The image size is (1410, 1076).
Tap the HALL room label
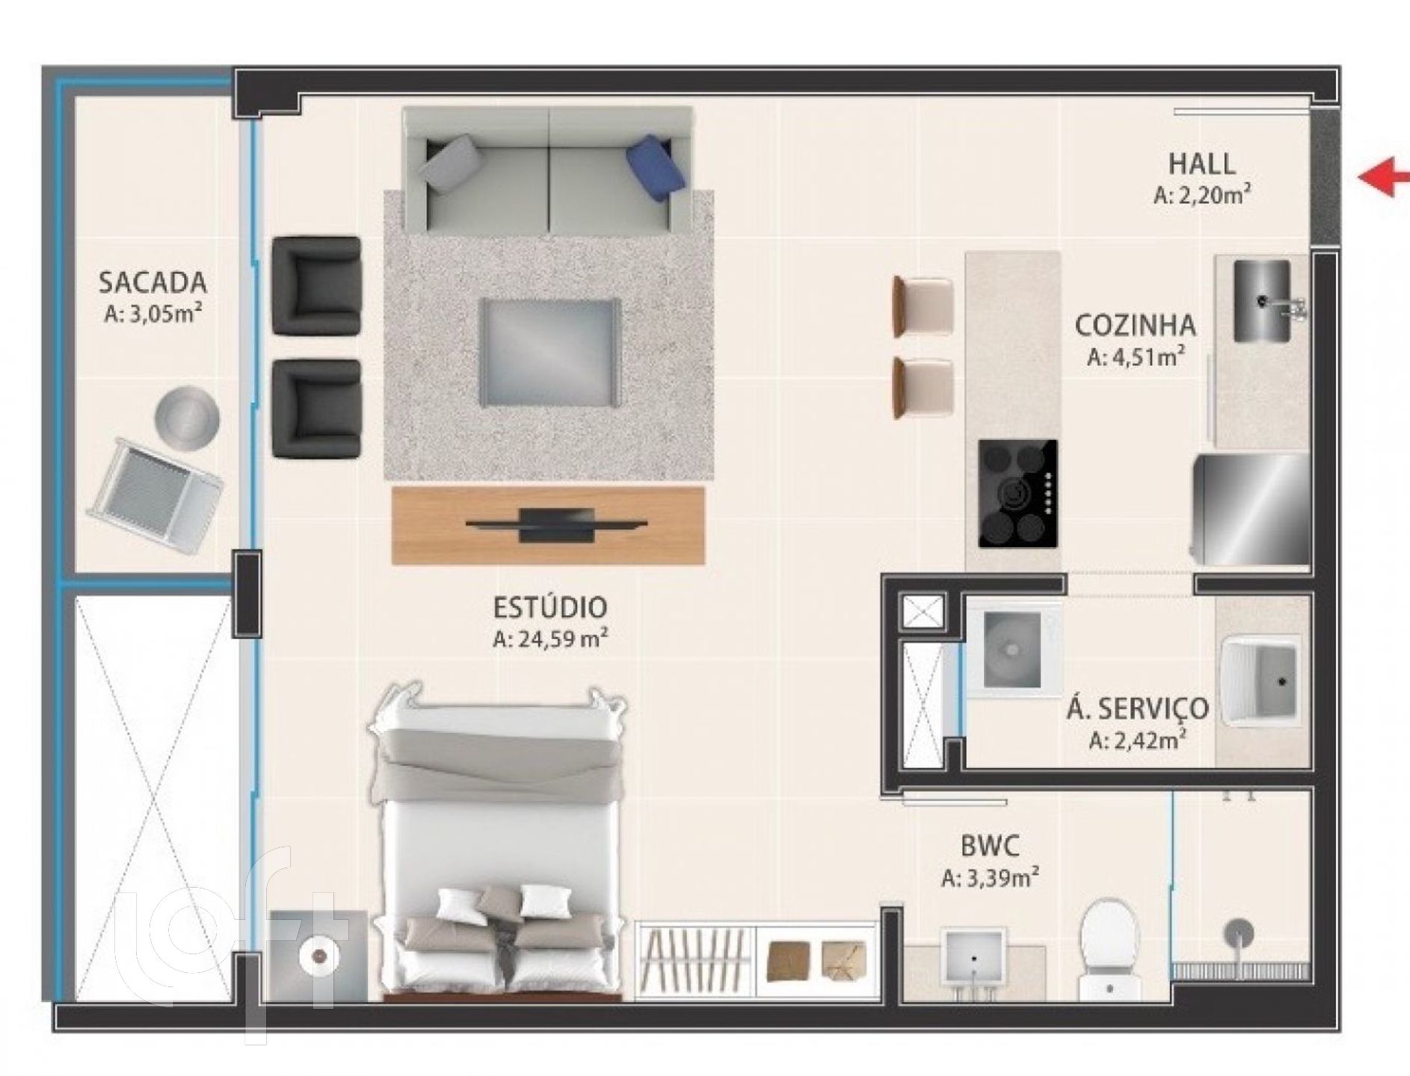1201,164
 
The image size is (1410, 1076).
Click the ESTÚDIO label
549,607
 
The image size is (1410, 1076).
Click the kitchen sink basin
1262,301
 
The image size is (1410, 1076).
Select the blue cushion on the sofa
657,168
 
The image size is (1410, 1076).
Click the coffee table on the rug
549,353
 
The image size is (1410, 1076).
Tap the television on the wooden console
555,524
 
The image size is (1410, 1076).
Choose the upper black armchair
316,285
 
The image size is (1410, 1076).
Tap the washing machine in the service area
1013,649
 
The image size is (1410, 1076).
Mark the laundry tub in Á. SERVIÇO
1260,681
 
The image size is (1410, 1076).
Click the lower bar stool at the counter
924,387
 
